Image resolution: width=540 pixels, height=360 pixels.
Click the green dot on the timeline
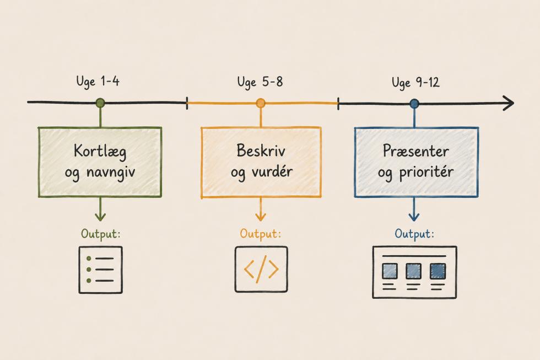click(x=100, y=103)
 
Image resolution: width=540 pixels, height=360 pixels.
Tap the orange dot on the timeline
click(x=261, y=103)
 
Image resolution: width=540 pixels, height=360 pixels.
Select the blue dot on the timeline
click(x=414, y=103)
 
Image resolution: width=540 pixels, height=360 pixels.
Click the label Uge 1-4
click(x=98, y=82)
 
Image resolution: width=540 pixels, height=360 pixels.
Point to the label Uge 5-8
click(x=260, y=83)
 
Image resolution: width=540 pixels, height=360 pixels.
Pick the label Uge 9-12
click(x=415, y=83)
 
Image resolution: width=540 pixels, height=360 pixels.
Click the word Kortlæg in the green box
click(x=100, y=152)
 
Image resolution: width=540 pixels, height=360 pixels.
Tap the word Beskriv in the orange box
click(x=261, y=151)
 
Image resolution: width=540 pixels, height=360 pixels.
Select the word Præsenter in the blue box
click(x=416, y=151)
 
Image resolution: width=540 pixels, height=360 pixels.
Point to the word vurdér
click(x=272, y=171)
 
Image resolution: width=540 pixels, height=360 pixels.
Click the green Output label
click(x=100, y=234)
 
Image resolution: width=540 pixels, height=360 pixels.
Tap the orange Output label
click(x=260, y=234)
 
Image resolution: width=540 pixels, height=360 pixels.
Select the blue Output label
click(x=414, y=234)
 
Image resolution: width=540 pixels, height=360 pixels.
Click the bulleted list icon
click(x=100, y=270)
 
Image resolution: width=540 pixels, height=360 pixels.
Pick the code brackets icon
click(x=261, y=269)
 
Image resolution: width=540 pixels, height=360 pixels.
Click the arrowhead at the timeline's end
click(x=509, y=103)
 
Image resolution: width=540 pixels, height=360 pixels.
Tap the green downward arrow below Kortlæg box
click(x=100, y=209)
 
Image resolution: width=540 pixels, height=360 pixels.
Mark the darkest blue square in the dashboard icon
click(x=438, y=271)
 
